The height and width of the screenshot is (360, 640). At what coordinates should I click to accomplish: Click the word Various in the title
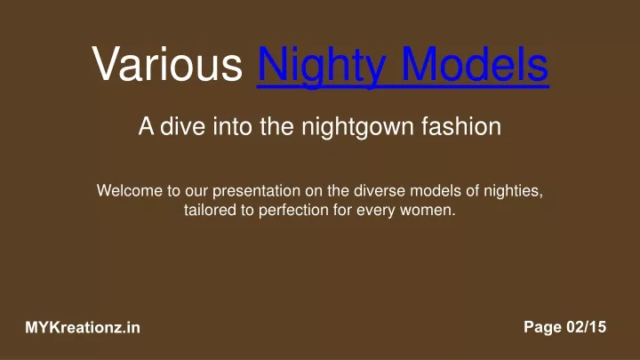[167, 64]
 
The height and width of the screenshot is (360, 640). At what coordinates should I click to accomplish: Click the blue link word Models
[475, 64]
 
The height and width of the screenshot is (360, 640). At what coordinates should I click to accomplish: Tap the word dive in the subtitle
[182, 125]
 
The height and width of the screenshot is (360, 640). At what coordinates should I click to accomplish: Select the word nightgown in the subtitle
[357, 127]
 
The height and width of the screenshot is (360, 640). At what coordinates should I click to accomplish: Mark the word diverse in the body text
[380, 190]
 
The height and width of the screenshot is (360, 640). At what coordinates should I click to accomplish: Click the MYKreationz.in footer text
[83, 327]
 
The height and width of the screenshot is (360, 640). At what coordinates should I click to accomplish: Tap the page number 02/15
[586, 327]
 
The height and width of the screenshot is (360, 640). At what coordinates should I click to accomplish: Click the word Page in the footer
[542, 328]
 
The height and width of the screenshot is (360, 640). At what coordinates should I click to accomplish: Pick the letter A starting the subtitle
[146, 125]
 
